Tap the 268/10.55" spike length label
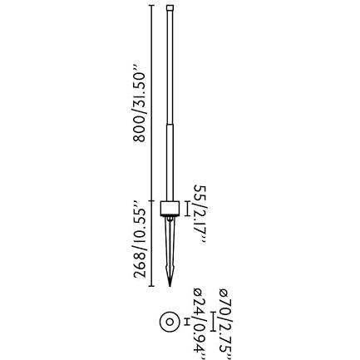(x=140, y=239)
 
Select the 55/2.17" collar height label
(x=200, y=215)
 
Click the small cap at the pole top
(x=170, y=7)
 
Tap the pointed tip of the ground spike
(x=170, y=286)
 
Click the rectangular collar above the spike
(x=170, y=209)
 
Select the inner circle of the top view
(x=170, y=322)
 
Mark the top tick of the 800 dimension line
(x=151, y=5)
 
